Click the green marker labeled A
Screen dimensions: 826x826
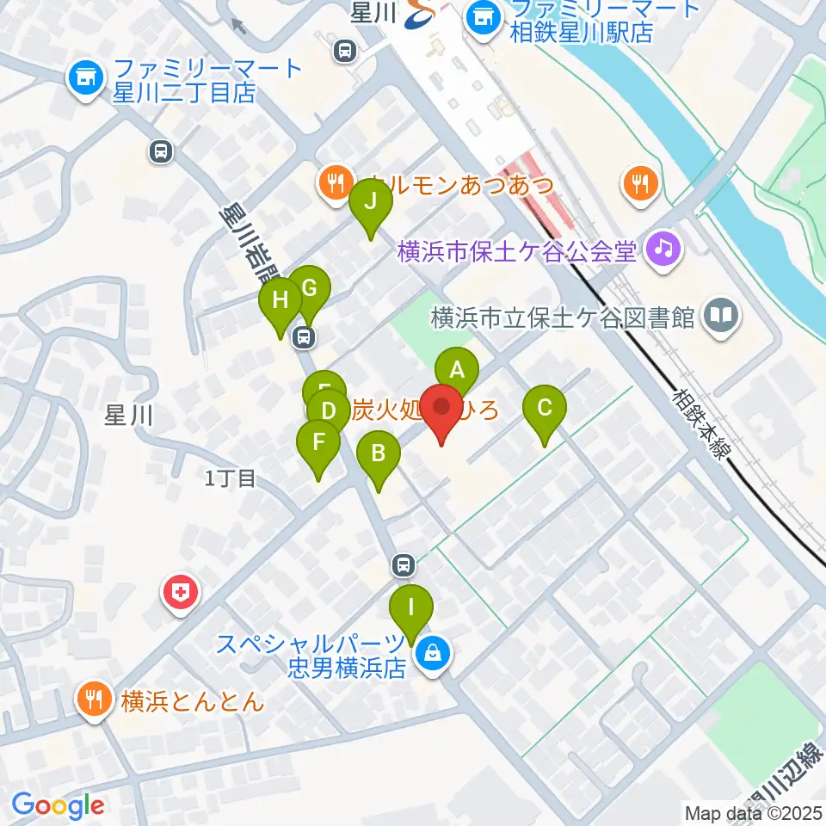457,371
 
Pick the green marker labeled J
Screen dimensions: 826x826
371,203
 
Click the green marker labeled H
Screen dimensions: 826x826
280,302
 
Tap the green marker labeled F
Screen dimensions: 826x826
318,444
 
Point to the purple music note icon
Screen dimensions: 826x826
663,250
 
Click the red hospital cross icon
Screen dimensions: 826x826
181,593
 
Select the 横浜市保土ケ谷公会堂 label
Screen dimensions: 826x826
516,252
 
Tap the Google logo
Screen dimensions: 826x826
59,805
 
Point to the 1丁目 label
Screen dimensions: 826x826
231,478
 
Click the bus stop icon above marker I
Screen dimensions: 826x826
402,565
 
